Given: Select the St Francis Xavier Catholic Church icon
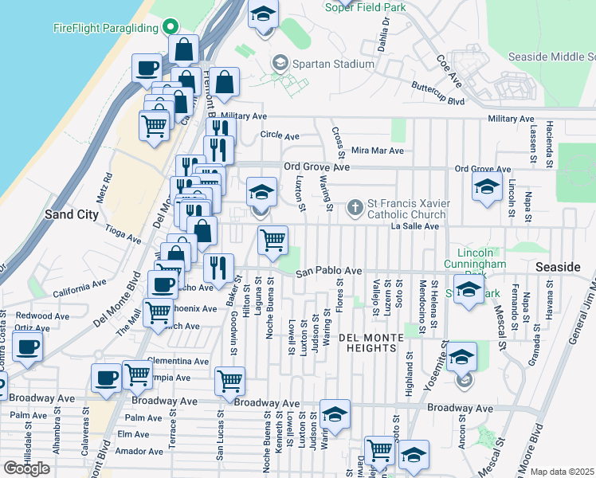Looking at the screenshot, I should (x=355, y=208).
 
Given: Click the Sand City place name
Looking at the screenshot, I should (x=71, y=214).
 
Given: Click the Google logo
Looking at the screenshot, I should (x=26, y=468).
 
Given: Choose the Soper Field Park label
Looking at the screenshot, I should (x=366, y=7).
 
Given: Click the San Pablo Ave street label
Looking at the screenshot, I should (x=329, y=272).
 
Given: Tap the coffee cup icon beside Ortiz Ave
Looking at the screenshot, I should (x=28, y=347).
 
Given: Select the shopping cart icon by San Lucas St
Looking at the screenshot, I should (x=229, y=382).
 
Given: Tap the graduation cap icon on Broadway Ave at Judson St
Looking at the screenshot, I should (x=335, y=414).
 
